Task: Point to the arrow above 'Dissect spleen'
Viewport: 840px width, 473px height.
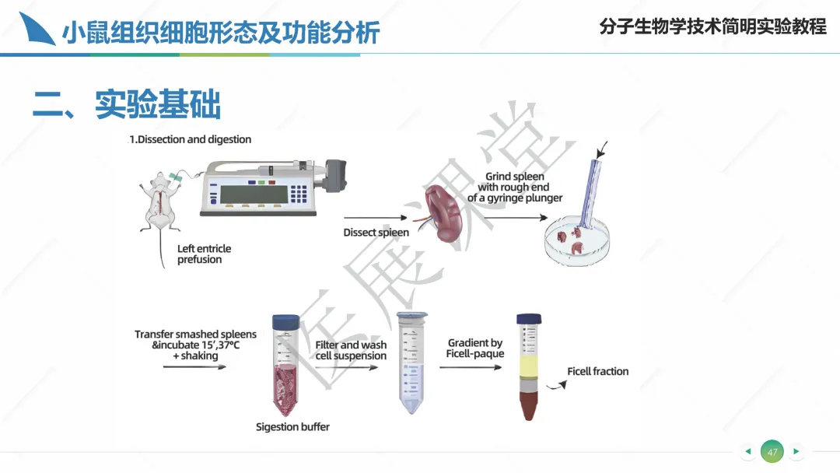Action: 375,218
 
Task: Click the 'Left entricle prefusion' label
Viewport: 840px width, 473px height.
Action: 204,254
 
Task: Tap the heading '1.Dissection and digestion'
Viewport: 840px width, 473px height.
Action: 191,139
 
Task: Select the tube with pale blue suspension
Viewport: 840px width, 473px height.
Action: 411,363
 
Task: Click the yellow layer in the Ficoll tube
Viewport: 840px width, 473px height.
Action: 528,367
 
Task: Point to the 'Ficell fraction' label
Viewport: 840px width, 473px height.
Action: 598,371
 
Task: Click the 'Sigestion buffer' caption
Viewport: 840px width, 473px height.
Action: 292,427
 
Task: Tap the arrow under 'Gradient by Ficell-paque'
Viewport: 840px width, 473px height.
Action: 471,367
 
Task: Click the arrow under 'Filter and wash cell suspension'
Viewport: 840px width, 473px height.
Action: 347,367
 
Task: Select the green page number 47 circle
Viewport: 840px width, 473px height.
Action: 772,451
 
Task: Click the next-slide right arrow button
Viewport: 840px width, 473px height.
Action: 796,451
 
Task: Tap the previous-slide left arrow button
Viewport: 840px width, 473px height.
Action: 748,451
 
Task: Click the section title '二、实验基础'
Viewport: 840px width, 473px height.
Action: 127,104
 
